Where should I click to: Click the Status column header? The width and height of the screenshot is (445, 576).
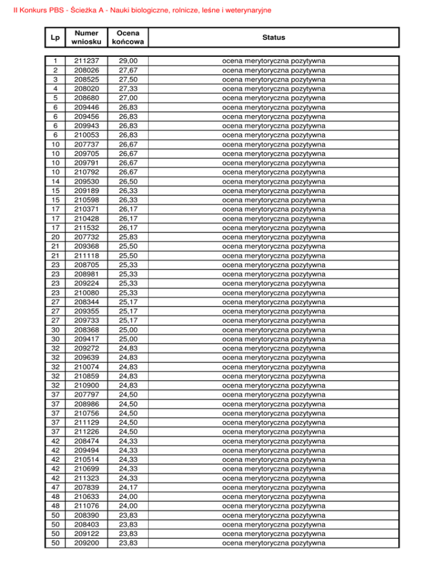pos(273,37)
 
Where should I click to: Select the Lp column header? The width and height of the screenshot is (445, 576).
pos(53,37)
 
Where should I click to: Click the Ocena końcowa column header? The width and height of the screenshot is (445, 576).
pos(130,37)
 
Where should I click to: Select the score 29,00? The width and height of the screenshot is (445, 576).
pos(130,61)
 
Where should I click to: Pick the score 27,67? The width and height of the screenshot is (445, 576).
pos(130,70)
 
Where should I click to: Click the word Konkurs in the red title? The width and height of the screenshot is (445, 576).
pos(28,10)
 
